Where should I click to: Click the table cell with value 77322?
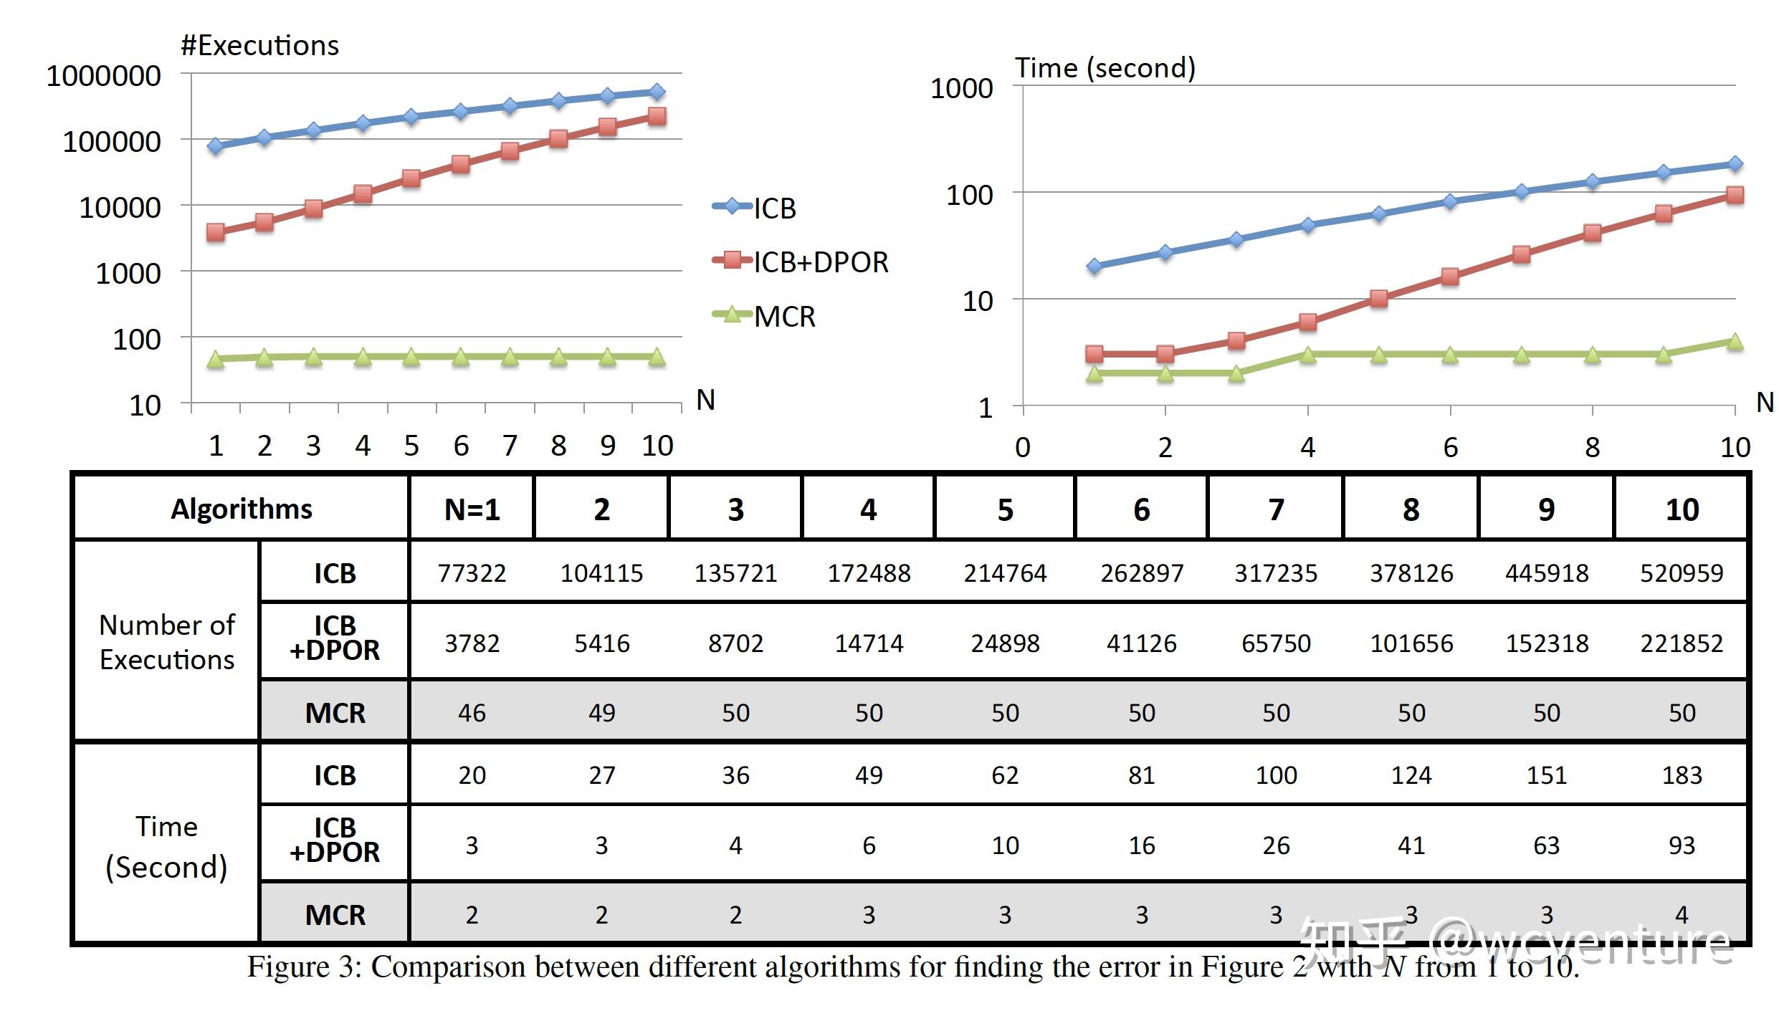(x=472, y=573)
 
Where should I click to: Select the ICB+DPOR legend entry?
(x=801, y=262)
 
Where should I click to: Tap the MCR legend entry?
(x=765, y=317)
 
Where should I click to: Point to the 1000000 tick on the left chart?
(x=104, y=76)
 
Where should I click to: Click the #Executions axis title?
(x=259, y=46)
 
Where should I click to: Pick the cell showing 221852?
(x=1681, y=643)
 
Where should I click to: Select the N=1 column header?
(x=472, y=509)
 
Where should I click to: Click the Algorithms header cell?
(x=242, y=509)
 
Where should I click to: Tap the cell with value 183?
(x=1681, y=775)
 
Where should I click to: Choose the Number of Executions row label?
(x=166, y=642)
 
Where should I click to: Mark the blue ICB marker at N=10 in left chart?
(x=657, y=92)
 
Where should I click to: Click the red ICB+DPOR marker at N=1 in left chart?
(x=215, y=232)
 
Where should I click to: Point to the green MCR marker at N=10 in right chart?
(x=1735, y=341)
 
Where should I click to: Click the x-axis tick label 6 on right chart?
(x=1450, y=448)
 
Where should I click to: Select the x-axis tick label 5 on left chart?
(x=411, y=446)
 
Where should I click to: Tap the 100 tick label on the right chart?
(x=969, y=195)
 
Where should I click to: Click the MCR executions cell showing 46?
(x=472, y=713)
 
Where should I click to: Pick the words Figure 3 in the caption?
(x=305, y=967)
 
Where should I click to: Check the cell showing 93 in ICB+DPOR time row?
(x=1681, y=845)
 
